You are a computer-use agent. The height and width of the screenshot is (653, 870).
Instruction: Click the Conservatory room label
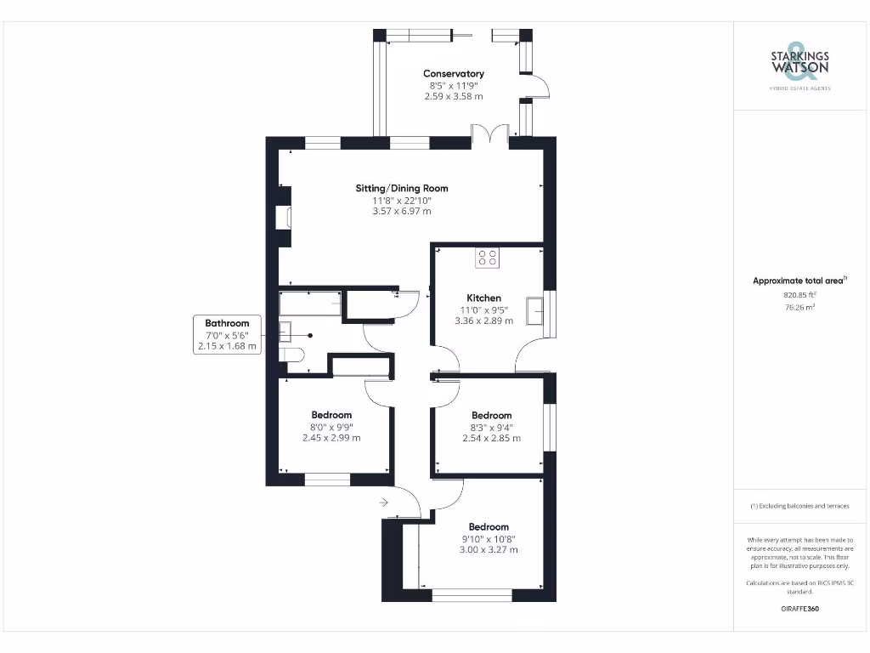tap(454, 74)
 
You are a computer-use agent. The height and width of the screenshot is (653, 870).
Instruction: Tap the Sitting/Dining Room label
tap(402, 188)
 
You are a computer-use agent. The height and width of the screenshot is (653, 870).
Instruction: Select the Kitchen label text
tap(483, 298)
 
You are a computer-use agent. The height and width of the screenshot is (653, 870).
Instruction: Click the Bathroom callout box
tap(227, 334)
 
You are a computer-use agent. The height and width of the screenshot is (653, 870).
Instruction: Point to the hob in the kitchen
tap(488, 257)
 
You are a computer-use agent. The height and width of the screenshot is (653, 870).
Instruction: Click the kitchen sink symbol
tap(534, 310)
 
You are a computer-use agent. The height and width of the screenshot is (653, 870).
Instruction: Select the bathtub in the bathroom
tap(311, 303)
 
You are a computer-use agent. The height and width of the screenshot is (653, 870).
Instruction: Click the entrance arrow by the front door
tap(384, 503)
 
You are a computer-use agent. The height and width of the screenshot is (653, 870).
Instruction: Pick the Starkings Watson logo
tap(799, 64)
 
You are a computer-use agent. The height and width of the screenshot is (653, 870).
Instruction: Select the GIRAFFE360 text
tap(799, 609)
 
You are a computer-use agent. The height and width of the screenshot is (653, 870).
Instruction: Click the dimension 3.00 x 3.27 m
tap(489, 549)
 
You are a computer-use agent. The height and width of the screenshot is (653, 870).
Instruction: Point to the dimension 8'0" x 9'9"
tap(331, 427)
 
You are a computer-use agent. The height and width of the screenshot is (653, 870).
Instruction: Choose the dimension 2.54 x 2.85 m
tap(491, 438)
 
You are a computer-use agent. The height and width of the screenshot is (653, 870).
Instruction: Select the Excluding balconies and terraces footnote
tap(799, 506)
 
